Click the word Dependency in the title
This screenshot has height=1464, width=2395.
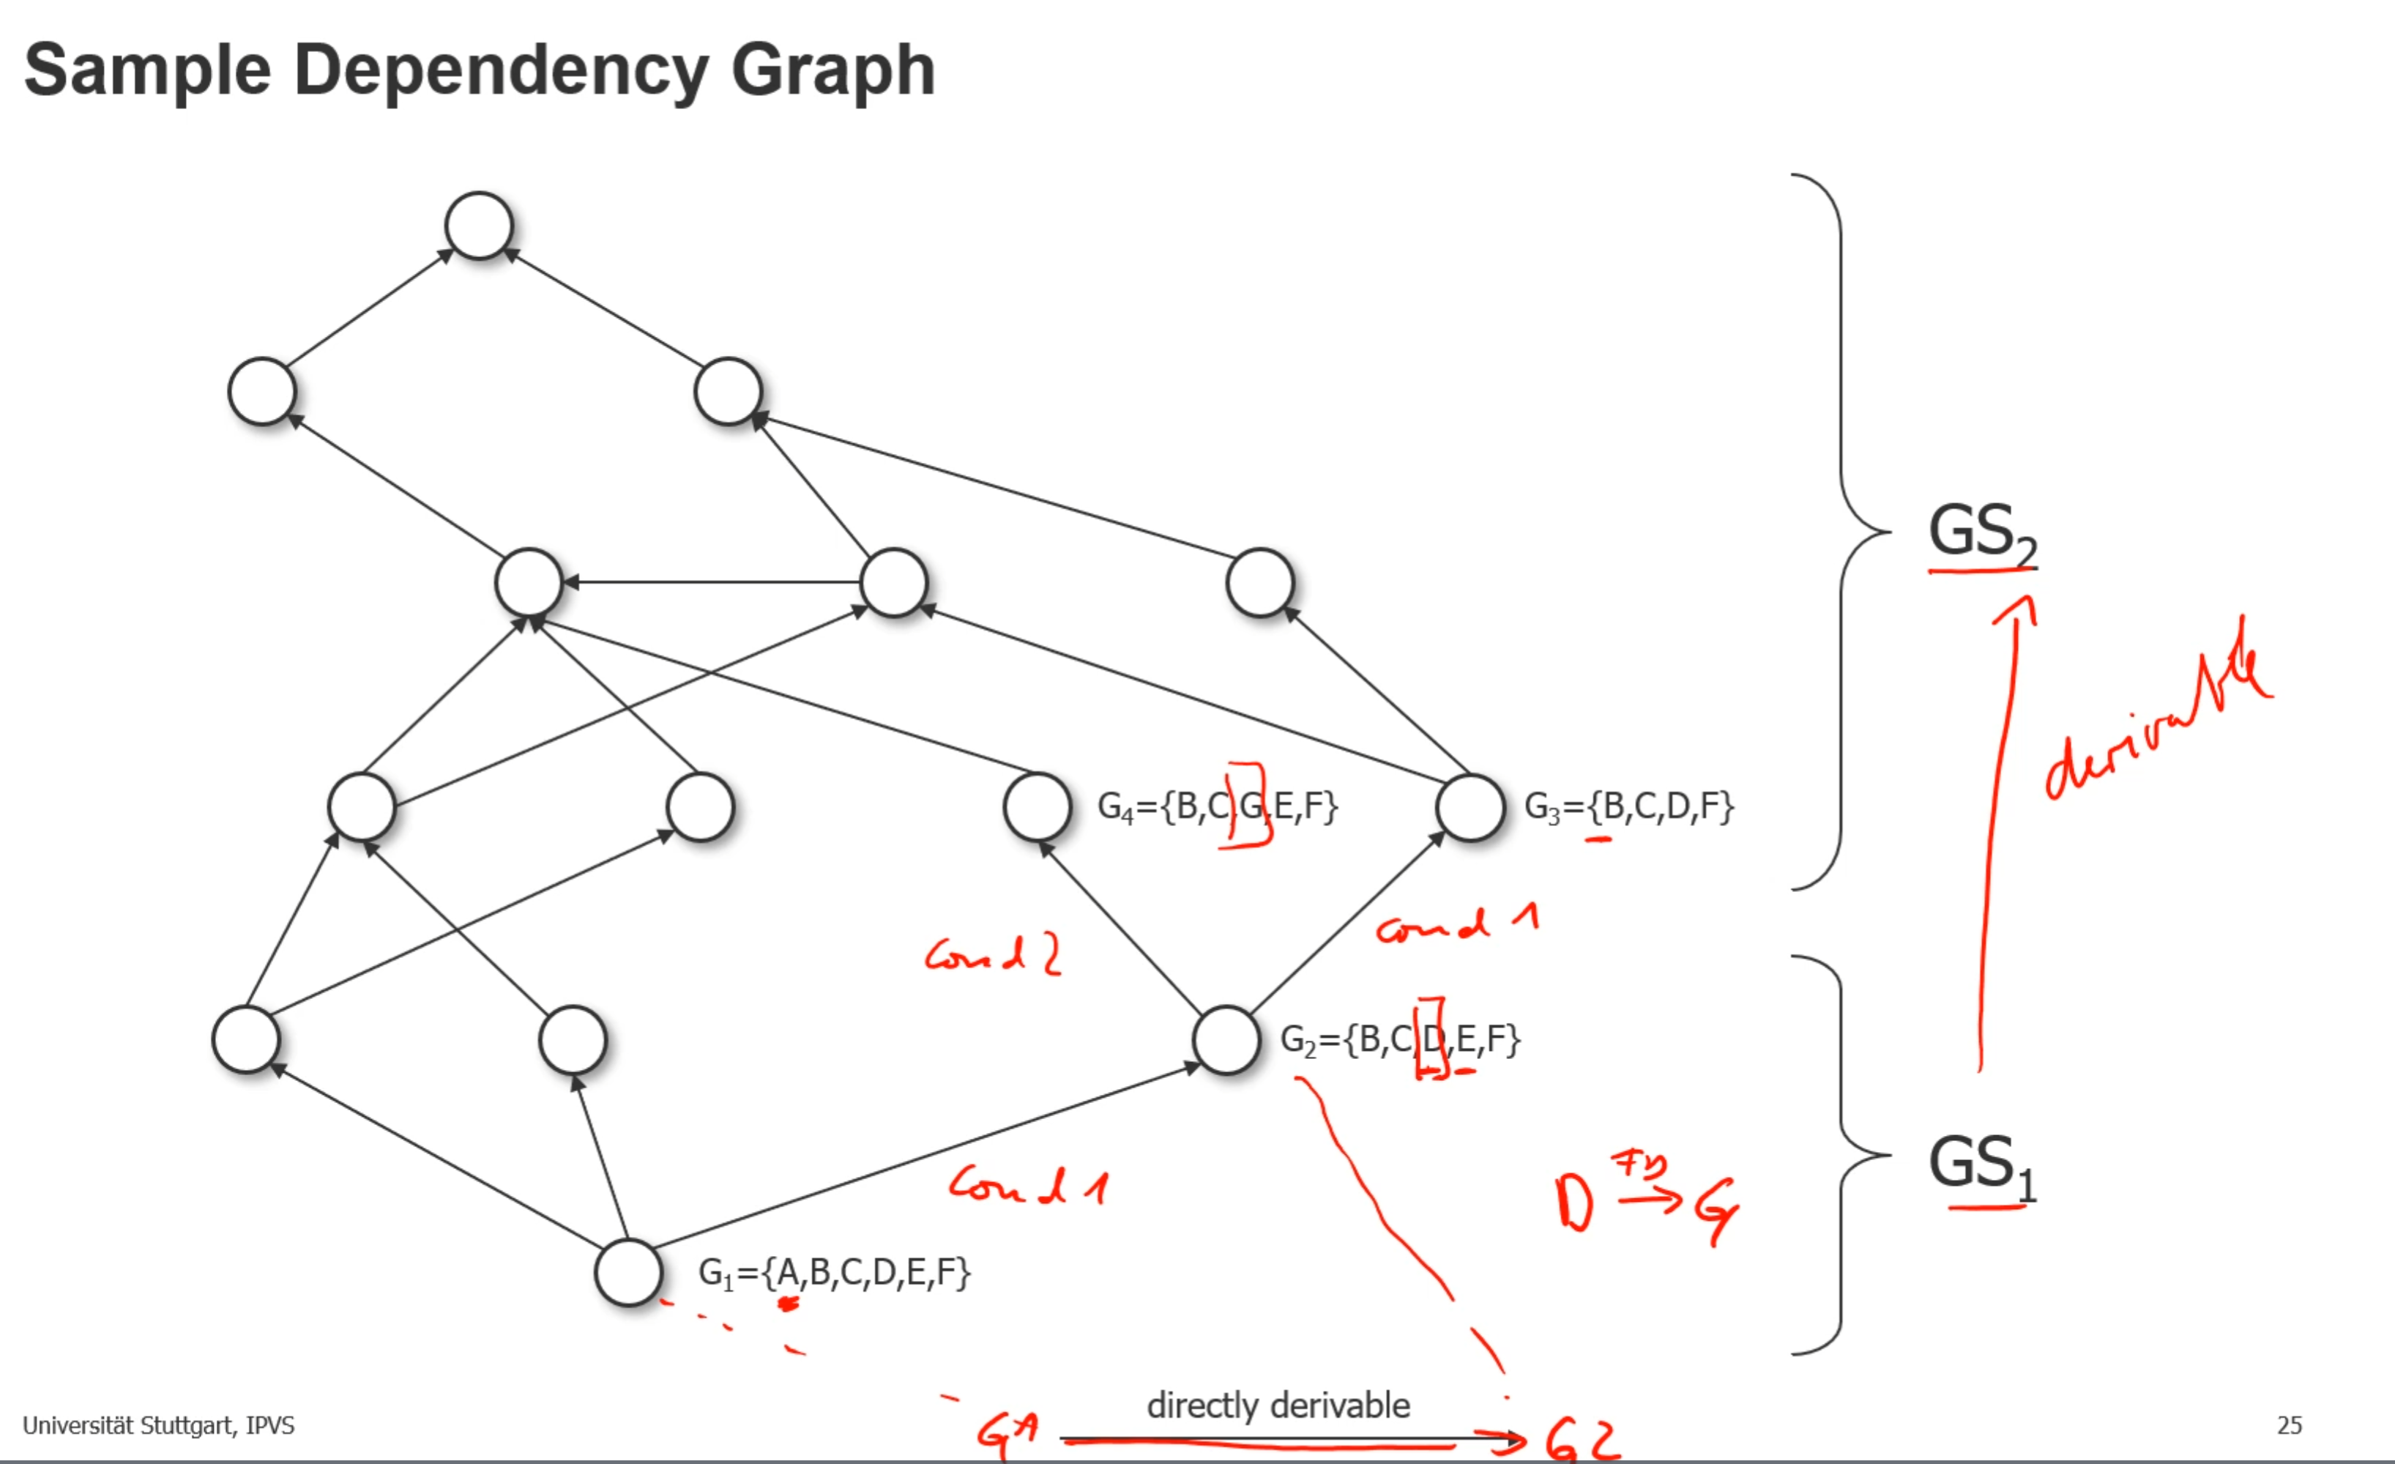[x=499, y=70]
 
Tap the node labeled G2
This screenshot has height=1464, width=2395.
[x=1226, y=1039]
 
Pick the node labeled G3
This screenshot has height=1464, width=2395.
[x=1469, y=807]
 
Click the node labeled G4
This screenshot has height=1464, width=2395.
[x=1037, y=807]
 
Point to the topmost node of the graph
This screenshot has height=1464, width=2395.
[x=478, y=226]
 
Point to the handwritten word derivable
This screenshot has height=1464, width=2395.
[x=2158, y=719]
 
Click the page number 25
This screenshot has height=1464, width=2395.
[x=2289, y=1425]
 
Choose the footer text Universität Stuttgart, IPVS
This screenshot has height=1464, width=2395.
[x=158, y=1425]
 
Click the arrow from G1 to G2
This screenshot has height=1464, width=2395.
[x=923, y=1157]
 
